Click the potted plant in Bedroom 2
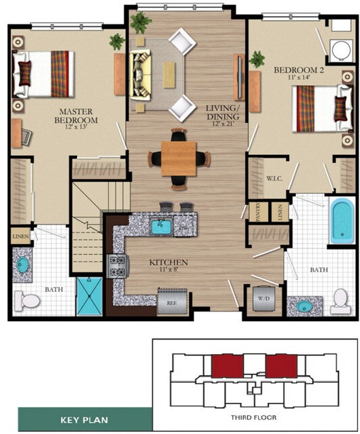coord(257,59)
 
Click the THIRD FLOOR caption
coord(256,417)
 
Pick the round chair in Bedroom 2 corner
coord(340,49)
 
